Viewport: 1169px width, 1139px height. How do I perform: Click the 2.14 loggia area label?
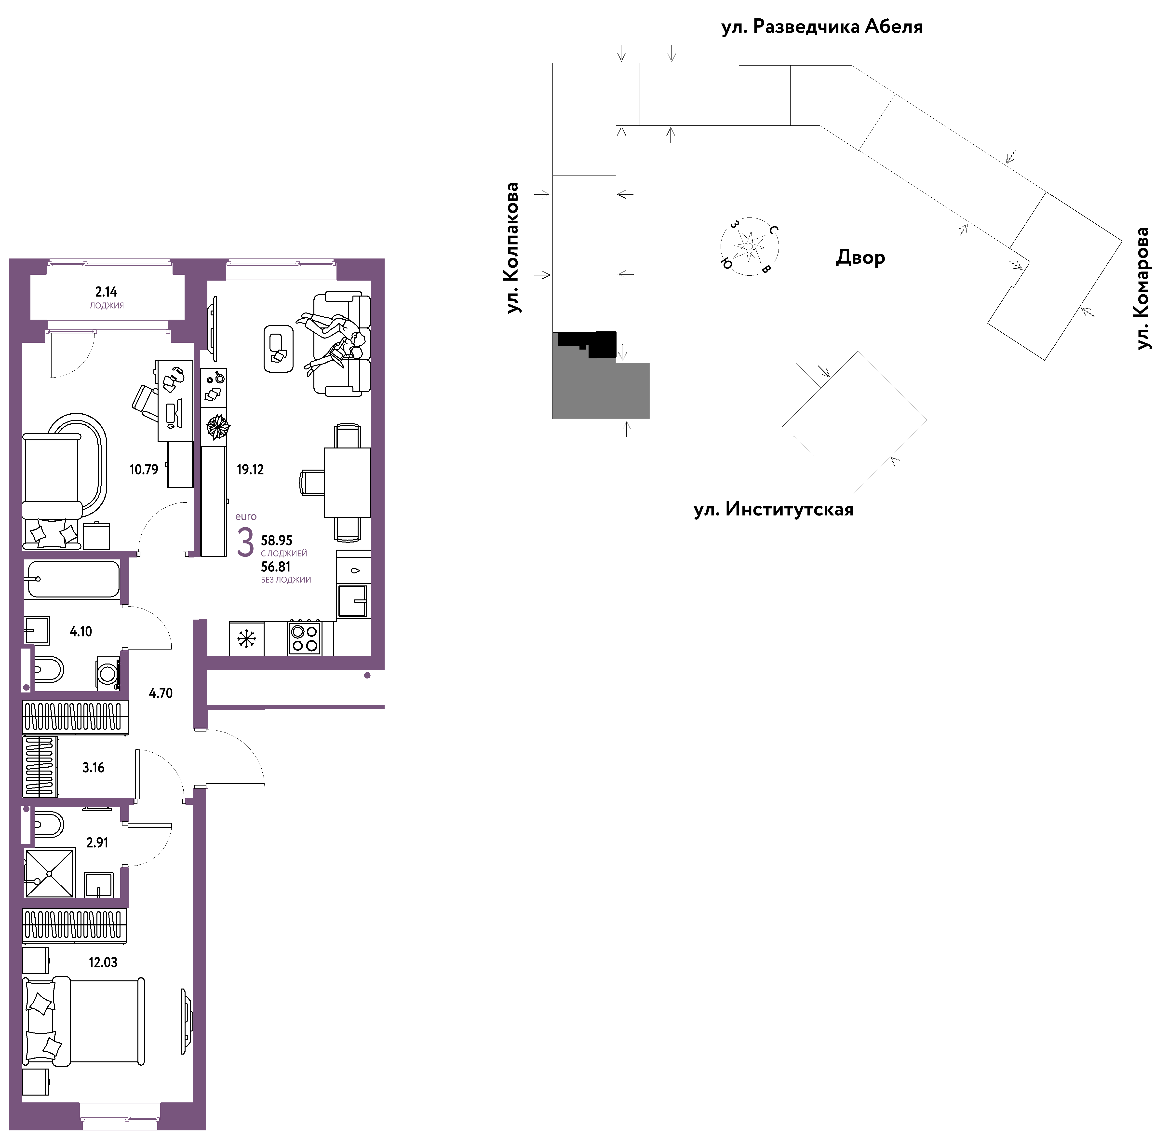(107, 292)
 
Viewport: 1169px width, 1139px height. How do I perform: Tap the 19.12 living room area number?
(250, 470)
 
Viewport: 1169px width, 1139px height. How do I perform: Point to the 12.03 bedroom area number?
(103, 963)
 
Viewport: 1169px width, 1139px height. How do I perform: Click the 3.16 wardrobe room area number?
(93, 768)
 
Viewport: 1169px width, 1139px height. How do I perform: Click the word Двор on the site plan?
(860, 258)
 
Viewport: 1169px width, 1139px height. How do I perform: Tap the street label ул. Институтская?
(774, 510)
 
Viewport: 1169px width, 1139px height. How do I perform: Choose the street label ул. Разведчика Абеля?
(822, 27)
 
